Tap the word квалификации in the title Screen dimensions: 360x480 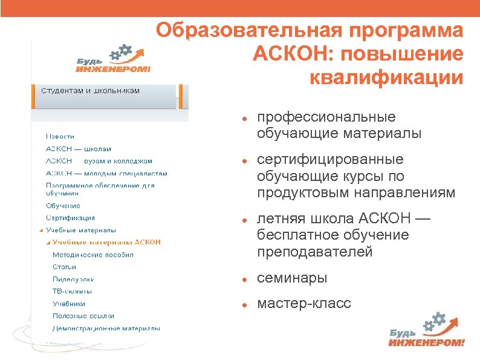point(386,77)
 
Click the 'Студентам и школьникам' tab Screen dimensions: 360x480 point(91,91)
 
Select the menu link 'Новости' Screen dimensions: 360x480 point(60,137)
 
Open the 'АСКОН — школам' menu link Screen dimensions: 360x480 point(78,149)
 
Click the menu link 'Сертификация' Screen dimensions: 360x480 point(70,218)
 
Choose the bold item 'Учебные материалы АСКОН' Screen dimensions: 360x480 point(106,242)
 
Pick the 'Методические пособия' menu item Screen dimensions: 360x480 point(93,255)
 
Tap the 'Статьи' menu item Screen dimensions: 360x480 point(65,267)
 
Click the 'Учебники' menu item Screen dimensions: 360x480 point(69,304)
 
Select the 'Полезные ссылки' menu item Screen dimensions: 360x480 point(83,316)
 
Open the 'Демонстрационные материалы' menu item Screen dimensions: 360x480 point(106,329)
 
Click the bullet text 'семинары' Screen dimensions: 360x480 point(292,278)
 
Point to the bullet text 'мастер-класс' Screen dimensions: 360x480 point(303,303)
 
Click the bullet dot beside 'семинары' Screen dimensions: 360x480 point(242,280)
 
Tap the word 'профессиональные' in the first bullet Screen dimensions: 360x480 point(326,117)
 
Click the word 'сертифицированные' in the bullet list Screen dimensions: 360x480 point(330,160)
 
